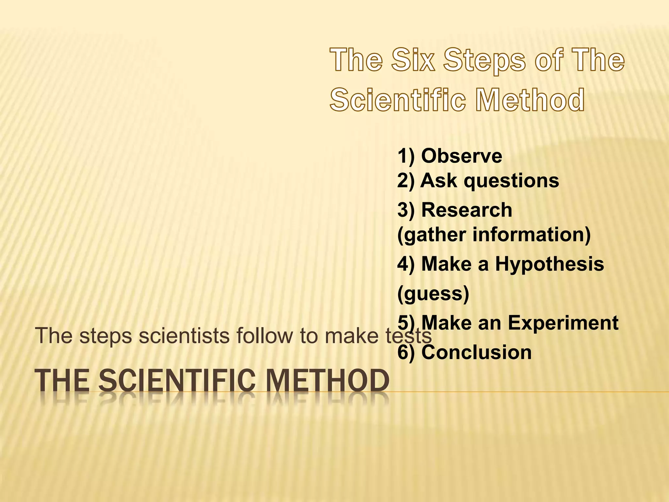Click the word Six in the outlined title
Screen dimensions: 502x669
pyautogui.click(x=414, y=59)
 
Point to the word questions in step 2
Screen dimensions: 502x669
pyautogui.click(x=512, y=181)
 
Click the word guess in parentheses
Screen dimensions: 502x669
pyautogui.click(x=433, y=293)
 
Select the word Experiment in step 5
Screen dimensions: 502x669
pyautogui.click(x=563, y=323)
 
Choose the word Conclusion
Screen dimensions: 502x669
pyautogui.click(x=477, y=352)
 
